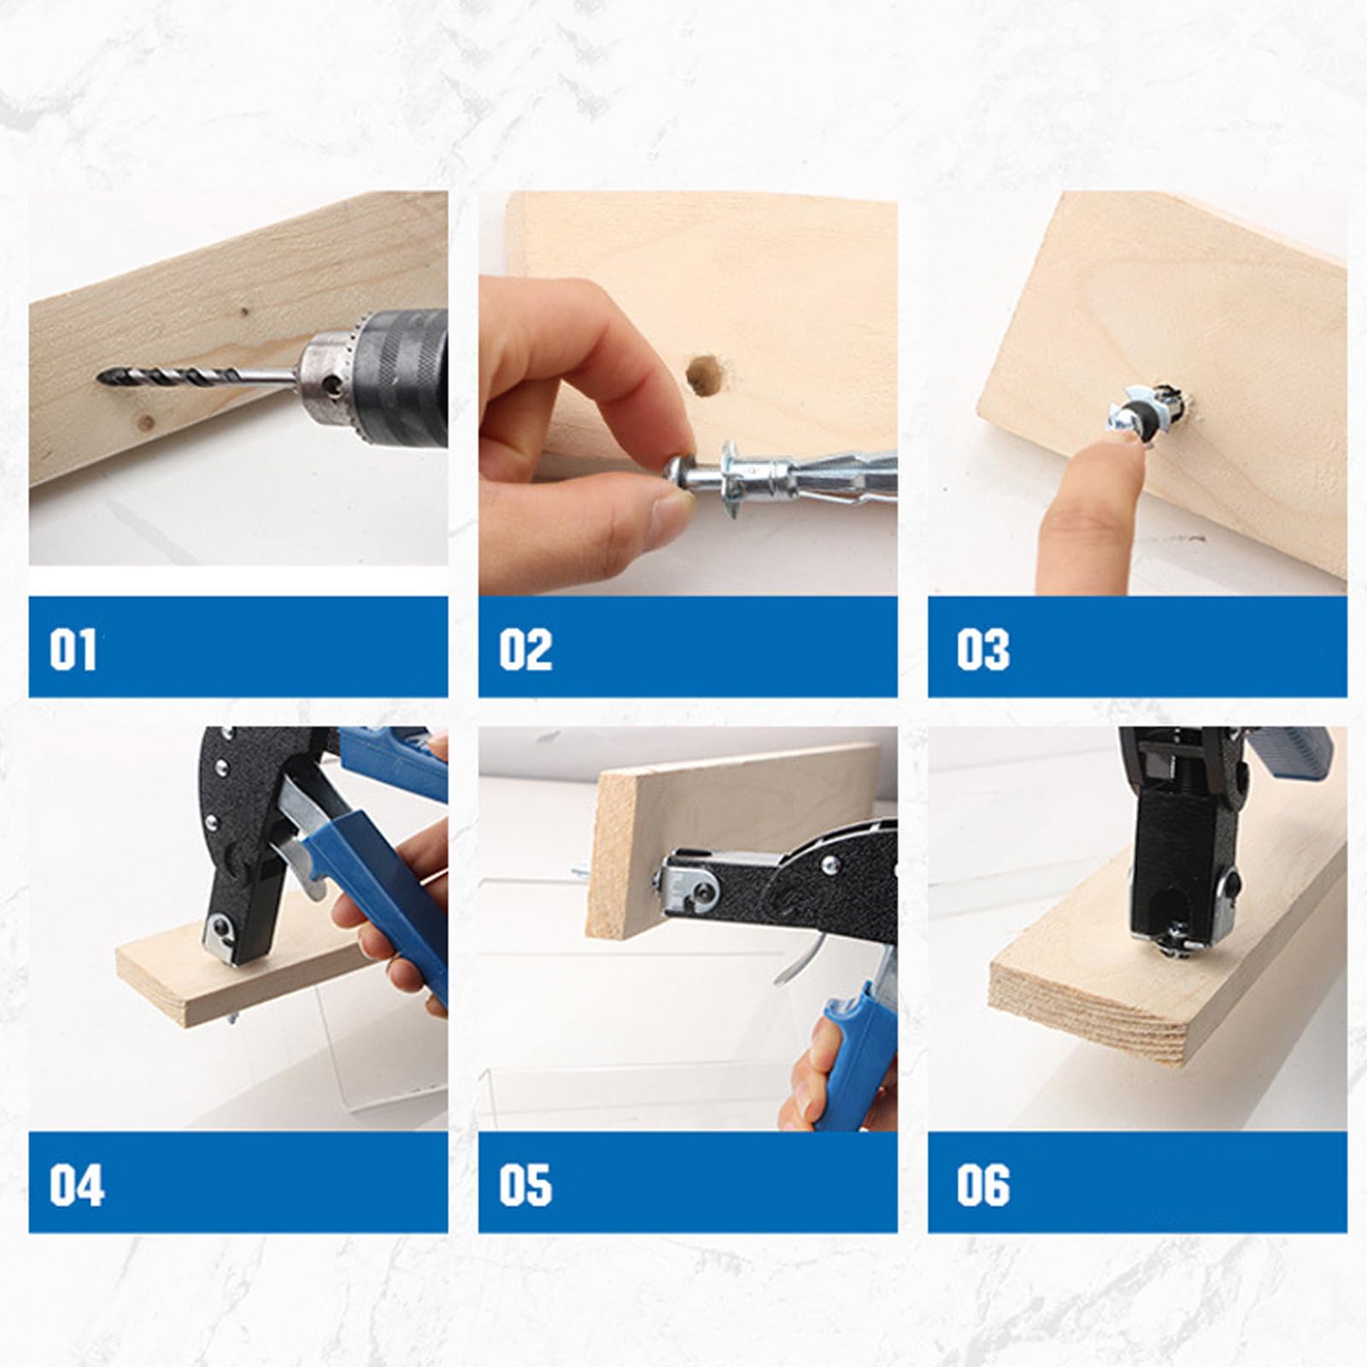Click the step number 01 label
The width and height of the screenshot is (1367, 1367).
pos(73,649)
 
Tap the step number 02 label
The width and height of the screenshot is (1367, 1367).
pos(525,649)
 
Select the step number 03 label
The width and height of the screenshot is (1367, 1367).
pos(983,649)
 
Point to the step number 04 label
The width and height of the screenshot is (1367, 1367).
pos(76,1185)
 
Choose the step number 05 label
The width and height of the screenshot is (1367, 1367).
pos(525,1185)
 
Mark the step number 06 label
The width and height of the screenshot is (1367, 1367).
pos(983,1185)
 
